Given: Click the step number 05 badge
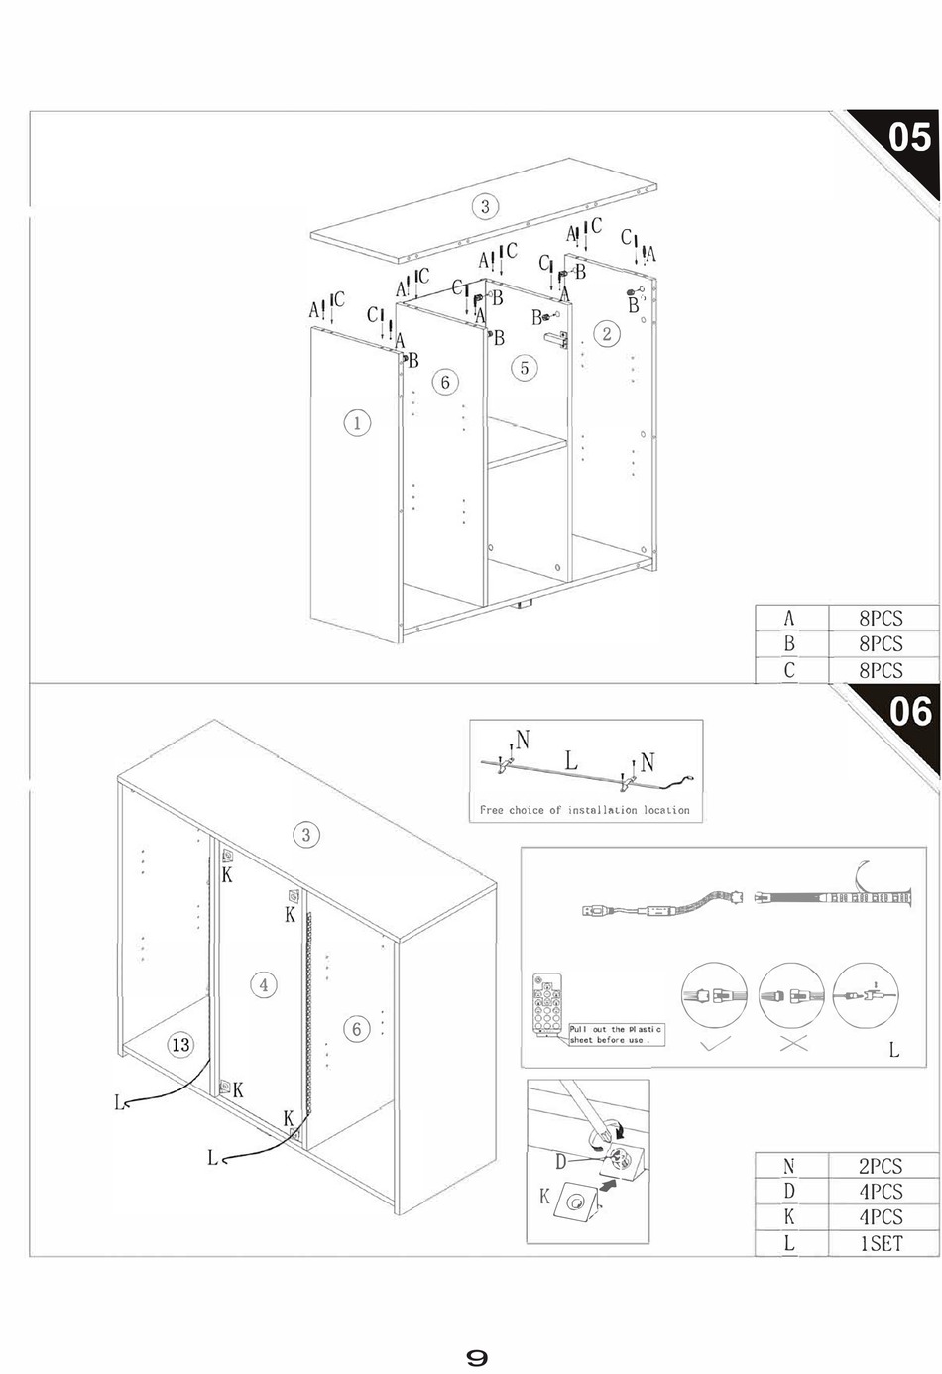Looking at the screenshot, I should [909, 136].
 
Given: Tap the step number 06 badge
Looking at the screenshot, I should [909, 711].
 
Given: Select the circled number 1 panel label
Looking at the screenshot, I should [357, 423].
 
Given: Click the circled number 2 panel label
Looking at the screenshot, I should [607, 333].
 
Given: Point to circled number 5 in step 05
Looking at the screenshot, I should [525, 368].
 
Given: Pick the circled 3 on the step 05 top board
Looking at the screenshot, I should [485, 206].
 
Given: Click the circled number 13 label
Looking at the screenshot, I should [179, 1045].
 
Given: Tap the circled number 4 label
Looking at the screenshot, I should [264, 984].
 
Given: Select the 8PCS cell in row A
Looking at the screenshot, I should [881, 618].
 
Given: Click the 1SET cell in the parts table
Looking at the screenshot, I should [881, 1243].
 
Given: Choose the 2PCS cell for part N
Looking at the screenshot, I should [881, 1166].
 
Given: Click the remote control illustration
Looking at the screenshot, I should [548, 1006].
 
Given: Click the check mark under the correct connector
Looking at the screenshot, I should [714, 1044].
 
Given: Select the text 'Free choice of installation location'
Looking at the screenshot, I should [584, 810].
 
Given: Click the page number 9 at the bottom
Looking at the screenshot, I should [477, 1357].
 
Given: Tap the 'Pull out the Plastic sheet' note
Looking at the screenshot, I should [615, 1034].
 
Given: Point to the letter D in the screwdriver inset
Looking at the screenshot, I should [560, 1161].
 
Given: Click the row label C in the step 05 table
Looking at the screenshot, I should [789, 670].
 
